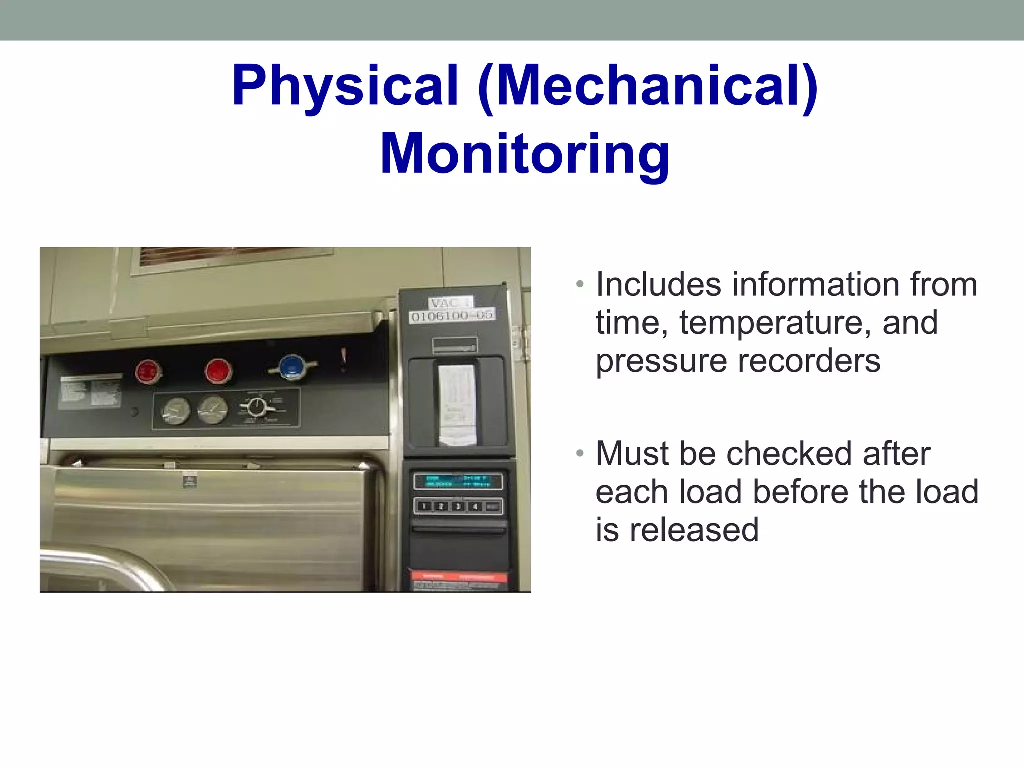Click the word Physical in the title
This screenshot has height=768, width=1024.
[x=345, y=86]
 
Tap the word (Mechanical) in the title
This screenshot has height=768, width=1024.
[x=648, y=86]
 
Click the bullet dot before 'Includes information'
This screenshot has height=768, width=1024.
[x=580, y=285]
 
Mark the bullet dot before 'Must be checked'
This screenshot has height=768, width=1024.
[x=580, y=454]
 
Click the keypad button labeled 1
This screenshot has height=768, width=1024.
[x=424, y=506]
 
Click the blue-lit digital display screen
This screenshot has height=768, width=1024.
[x=457, y=481]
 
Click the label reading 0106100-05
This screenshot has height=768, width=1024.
[x=452, y=316]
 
